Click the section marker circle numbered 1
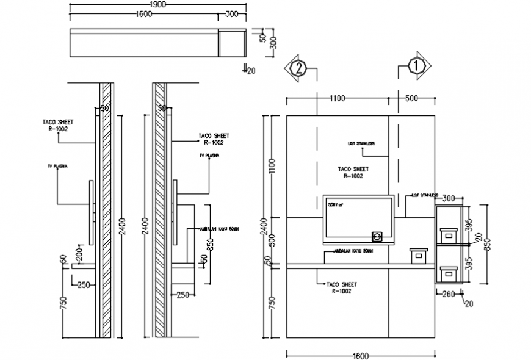pos(417,67)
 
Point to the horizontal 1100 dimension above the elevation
pos(337,98)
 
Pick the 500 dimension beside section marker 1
pos(411,98)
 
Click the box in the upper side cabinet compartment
pos(449,234)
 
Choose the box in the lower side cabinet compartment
pos(449,273)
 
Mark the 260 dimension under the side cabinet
pos(449,295)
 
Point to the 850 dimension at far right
pos(488,244)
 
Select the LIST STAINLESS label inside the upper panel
pos(360,144)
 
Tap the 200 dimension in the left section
pos(78,251)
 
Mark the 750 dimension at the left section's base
pos(62,302)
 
